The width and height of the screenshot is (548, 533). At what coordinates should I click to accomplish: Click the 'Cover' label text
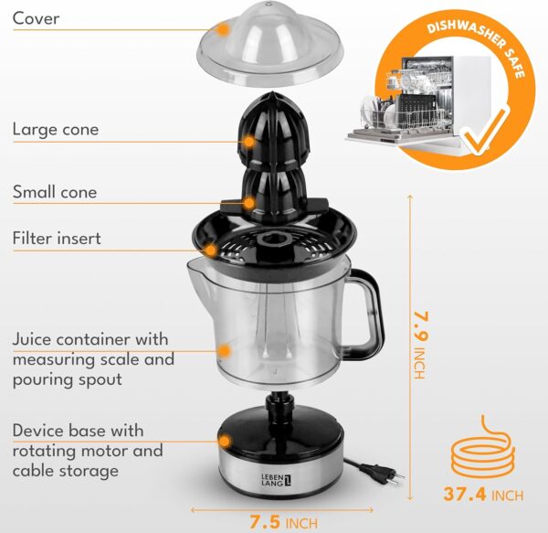36,18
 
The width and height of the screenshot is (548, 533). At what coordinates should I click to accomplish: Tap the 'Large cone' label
56,130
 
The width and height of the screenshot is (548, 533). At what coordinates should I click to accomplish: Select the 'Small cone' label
55,192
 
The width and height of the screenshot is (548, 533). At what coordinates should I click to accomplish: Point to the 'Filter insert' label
57,239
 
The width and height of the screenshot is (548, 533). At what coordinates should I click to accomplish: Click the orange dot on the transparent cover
222,29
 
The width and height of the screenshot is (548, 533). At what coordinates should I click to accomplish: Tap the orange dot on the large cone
248,142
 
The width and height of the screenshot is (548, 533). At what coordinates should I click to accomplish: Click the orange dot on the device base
225,442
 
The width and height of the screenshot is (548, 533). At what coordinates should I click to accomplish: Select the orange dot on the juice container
225,350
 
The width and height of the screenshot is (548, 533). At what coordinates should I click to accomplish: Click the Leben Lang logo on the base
276,480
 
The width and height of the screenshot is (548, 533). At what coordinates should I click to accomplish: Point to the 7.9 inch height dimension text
419,345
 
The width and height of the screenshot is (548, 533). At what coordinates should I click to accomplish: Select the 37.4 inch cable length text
483,495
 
